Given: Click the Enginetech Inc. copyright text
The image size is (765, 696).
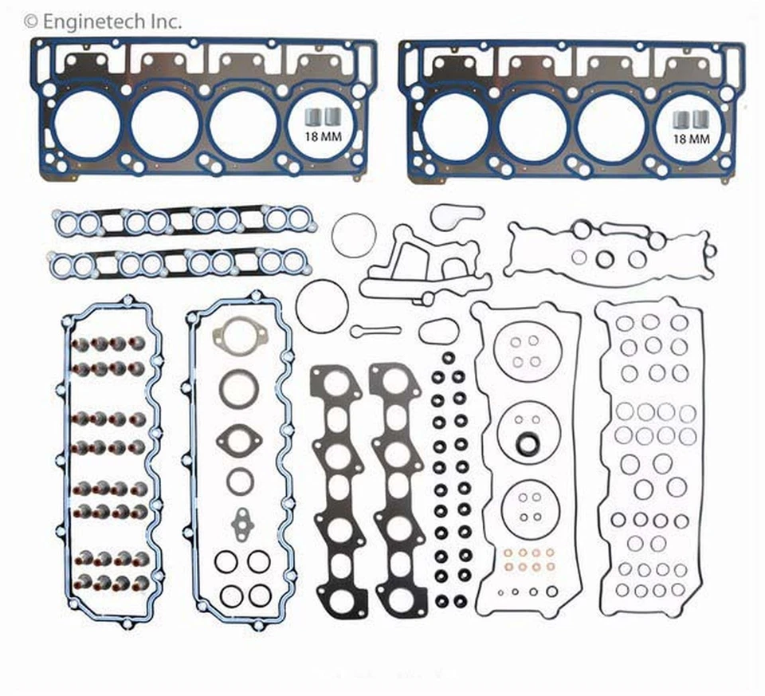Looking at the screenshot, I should coord(104,20).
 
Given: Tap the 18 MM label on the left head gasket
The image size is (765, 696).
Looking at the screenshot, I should coord(320,136).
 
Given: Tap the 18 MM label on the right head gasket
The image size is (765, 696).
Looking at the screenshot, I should coord(691,138).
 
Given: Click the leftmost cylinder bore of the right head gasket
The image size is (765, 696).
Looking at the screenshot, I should coord(456,128).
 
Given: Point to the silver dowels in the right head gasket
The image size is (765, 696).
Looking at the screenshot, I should coord(690,118).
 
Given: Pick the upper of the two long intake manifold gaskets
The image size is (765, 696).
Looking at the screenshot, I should coord(184,223).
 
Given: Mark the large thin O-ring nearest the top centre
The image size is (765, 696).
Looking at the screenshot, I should coord(354,235).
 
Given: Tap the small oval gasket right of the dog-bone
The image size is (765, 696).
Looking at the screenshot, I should coord(437,331).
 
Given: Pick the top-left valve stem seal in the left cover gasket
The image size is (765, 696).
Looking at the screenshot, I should coord(80,344).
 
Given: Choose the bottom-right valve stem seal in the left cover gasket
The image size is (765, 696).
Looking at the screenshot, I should coord(140,584).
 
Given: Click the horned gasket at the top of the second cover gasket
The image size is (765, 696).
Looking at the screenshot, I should coord(232,334).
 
